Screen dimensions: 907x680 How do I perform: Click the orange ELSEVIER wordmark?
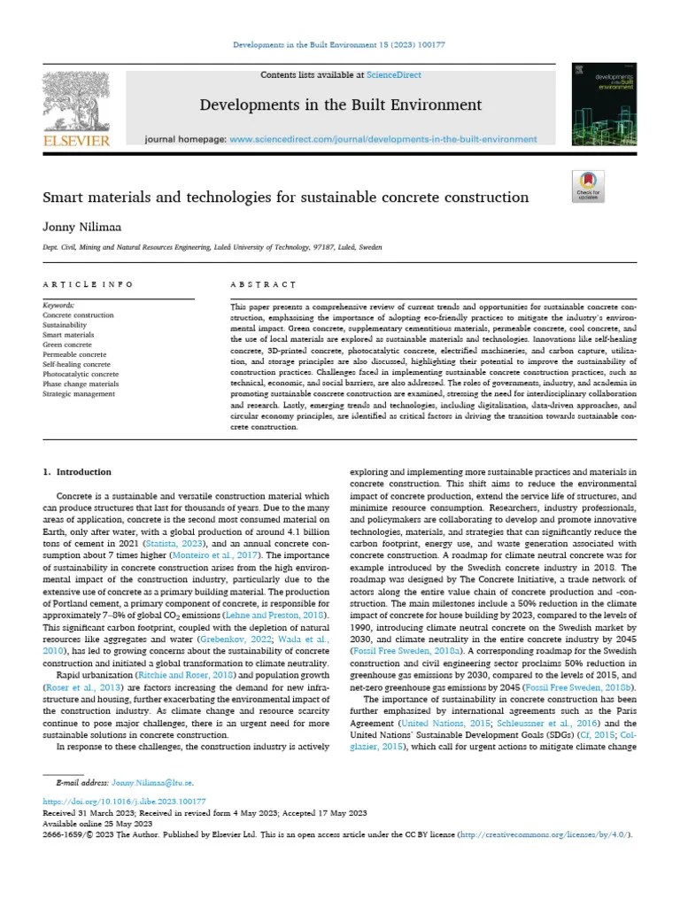pyautogui.click(x=77, y=141)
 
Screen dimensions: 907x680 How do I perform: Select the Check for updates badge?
pyautogui.click(x=588, y=185)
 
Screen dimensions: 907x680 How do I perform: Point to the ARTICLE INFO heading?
pyautogui.click(x=89, y=284)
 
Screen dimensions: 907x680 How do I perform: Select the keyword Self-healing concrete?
pyautogui.click(x=77, y=364)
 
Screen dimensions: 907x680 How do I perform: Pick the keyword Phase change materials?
pyautogui.click(x=81, y=384)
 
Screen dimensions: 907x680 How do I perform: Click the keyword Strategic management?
pyautogui.click(x=79, y=393)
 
